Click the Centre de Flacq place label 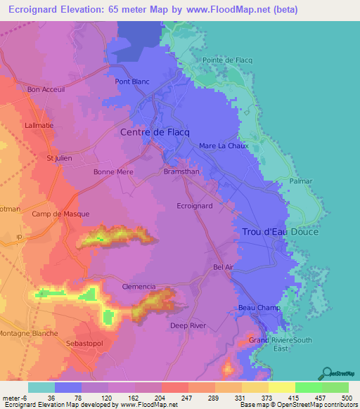tap(156, 131)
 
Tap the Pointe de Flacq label tap(226, 60)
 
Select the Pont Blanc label tap(132, 82)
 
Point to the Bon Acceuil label tap(46, 89)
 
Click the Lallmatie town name tap(39, 124)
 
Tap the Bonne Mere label tap(114, 171)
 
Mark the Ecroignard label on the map tap(195, 206)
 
